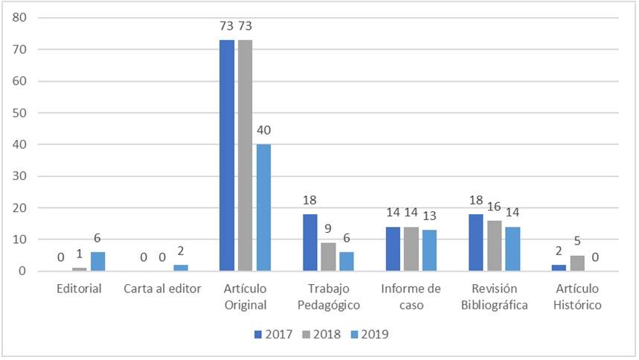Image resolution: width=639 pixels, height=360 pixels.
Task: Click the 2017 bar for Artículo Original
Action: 227,155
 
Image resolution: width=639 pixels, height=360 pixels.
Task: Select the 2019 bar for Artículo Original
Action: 263,208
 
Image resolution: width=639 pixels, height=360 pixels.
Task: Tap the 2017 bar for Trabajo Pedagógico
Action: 310,242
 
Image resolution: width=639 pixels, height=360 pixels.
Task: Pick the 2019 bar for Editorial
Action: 97,262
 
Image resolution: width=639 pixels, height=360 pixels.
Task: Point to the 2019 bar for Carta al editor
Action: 181,268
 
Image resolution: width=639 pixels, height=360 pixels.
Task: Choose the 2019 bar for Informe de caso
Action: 430,251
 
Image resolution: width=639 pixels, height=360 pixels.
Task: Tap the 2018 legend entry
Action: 321,335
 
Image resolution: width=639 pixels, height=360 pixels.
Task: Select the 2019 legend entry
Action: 369,335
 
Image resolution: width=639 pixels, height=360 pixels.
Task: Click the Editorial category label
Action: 79,289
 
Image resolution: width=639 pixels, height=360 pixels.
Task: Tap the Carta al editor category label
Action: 163,289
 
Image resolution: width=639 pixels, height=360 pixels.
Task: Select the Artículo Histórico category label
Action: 578,296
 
